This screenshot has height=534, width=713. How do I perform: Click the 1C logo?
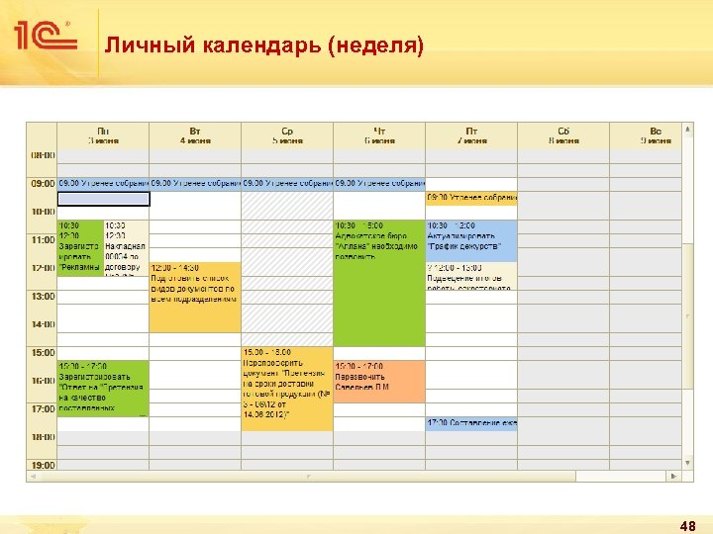pyautogui.click(x=45, y=38)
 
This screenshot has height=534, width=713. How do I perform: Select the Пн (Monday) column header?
pyautogui.click(x=103, y=135)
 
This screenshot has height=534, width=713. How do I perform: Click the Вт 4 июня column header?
pyautogui.click(x=195, y=135)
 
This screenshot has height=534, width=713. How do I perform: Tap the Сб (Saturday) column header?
pyautogui.click(x=562, y=135)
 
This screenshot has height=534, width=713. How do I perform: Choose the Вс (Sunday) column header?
pyautogui.click(x=655, y=135)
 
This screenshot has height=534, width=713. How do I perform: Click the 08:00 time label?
pyautogui.click(x=43, y=155)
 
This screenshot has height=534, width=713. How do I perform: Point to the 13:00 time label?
pyautogui.click(x=43, y=297)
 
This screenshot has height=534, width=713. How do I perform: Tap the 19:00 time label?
pyautogui.click(x=43, y=465)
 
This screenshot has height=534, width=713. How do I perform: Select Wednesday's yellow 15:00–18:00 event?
pyautogui.click(x=287, y=388)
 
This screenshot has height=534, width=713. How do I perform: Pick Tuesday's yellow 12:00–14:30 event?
pyautogui.click(x=195, y=297)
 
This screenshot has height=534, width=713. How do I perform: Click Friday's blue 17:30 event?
pyautogui.click(x=471, y=423)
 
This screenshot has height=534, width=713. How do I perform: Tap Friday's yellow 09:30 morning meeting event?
pyautogui.click(x=471, y=198)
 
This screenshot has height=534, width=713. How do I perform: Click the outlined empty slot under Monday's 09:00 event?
pyautogui.click(x=103, y=199)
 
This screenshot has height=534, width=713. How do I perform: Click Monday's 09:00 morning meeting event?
pyautogui.click(x=103, y=183)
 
